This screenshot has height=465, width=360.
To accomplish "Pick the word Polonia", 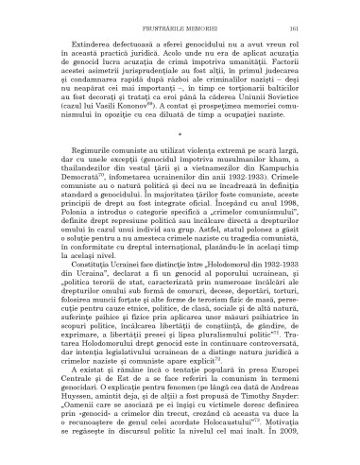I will [x=58, y=239].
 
